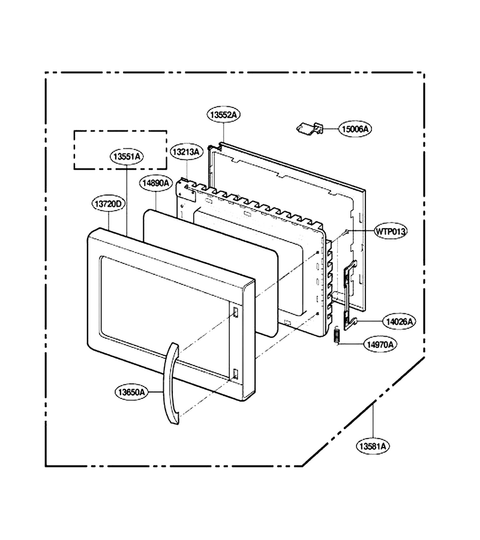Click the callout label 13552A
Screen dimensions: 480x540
[223, 115]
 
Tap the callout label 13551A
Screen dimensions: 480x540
[127, 157]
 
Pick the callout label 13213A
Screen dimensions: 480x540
[186, 152]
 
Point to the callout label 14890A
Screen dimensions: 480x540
[156, 183]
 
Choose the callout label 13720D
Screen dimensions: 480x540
[108, 204]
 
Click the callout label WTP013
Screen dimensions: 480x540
[391, 232]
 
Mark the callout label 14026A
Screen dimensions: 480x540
[399, 322]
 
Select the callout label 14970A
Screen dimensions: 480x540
[380, 344]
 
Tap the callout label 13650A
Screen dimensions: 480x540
[131, 392]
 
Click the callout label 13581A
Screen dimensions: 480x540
[373, 446]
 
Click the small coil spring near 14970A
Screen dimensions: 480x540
[337, 335]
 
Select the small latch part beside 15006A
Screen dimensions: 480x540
[310, 128]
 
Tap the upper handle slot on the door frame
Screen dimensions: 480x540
[236, 312]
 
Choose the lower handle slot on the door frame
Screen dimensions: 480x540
[236, 374]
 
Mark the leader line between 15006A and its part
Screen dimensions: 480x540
[331, 129]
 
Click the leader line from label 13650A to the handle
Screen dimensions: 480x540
[155, 392]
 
